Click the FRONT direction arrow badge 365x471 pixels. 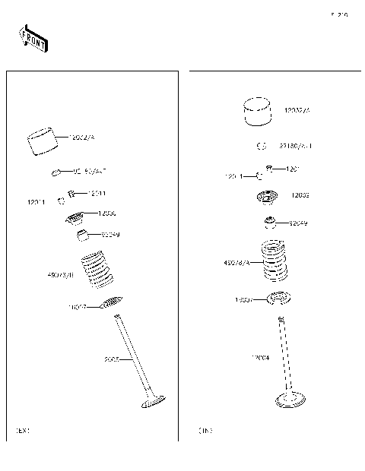33,40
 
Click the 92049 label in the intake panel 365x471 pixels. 298,223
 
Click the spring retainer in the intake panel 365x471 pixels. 268,198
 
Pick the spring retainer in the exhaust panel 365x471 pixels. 75,219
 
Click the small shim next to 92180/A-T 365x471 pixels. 260,146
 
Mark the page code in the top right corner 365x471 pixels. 339,14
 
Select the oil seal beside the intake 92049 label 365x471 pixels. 269,223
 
